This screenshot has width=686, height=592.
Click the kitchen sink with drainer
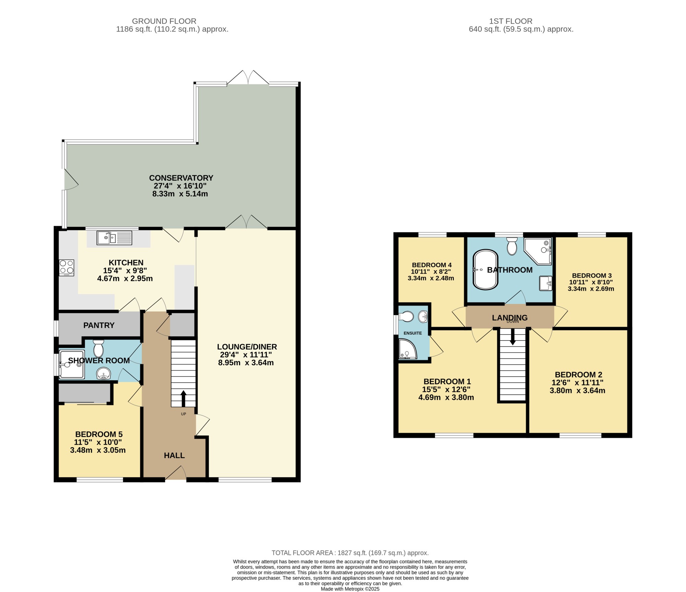(114, 238)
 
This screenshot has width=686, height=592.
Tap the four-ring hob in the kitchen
(67, 268)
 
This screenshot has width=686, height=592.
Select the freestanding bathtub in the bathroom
(485, 270)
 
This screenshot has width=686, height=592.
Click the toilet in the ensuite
(406, 316)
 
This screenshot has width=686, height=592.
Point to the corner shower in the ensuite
(407, 349)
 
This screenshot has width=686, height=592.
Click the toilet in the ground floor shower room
(98, 348)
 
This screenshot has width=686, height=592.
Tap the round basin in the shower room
(103, 373)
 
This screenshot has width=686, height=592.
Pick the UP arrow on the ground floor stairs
(183, 398)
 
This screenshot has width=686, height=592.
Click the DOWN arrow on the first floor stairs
(512, 337)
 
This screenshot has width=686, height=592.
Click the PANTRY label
(99, 325)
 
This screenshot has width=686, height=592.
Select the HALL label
(174, 455)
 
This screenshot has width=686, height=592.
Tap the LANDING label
(510, 318)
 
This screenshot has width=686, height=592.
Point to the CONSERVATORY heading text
(181, 178)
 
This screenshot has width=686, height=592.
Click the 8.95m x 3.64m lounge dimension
(246, 363)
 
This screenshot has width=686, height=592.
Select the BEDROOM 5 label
(99, 434)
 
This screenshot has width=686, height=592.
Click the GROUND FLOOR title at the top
(164, 21)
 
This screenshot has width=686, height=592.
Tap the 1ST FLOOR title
(511, 21)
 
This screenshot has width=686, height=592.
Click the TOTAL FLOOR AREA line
(350, 553)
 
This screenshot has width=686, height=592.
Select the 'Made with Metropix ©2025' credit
(350, 589)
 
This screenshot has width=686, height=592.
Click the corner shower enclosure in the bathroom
(537, 251)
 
